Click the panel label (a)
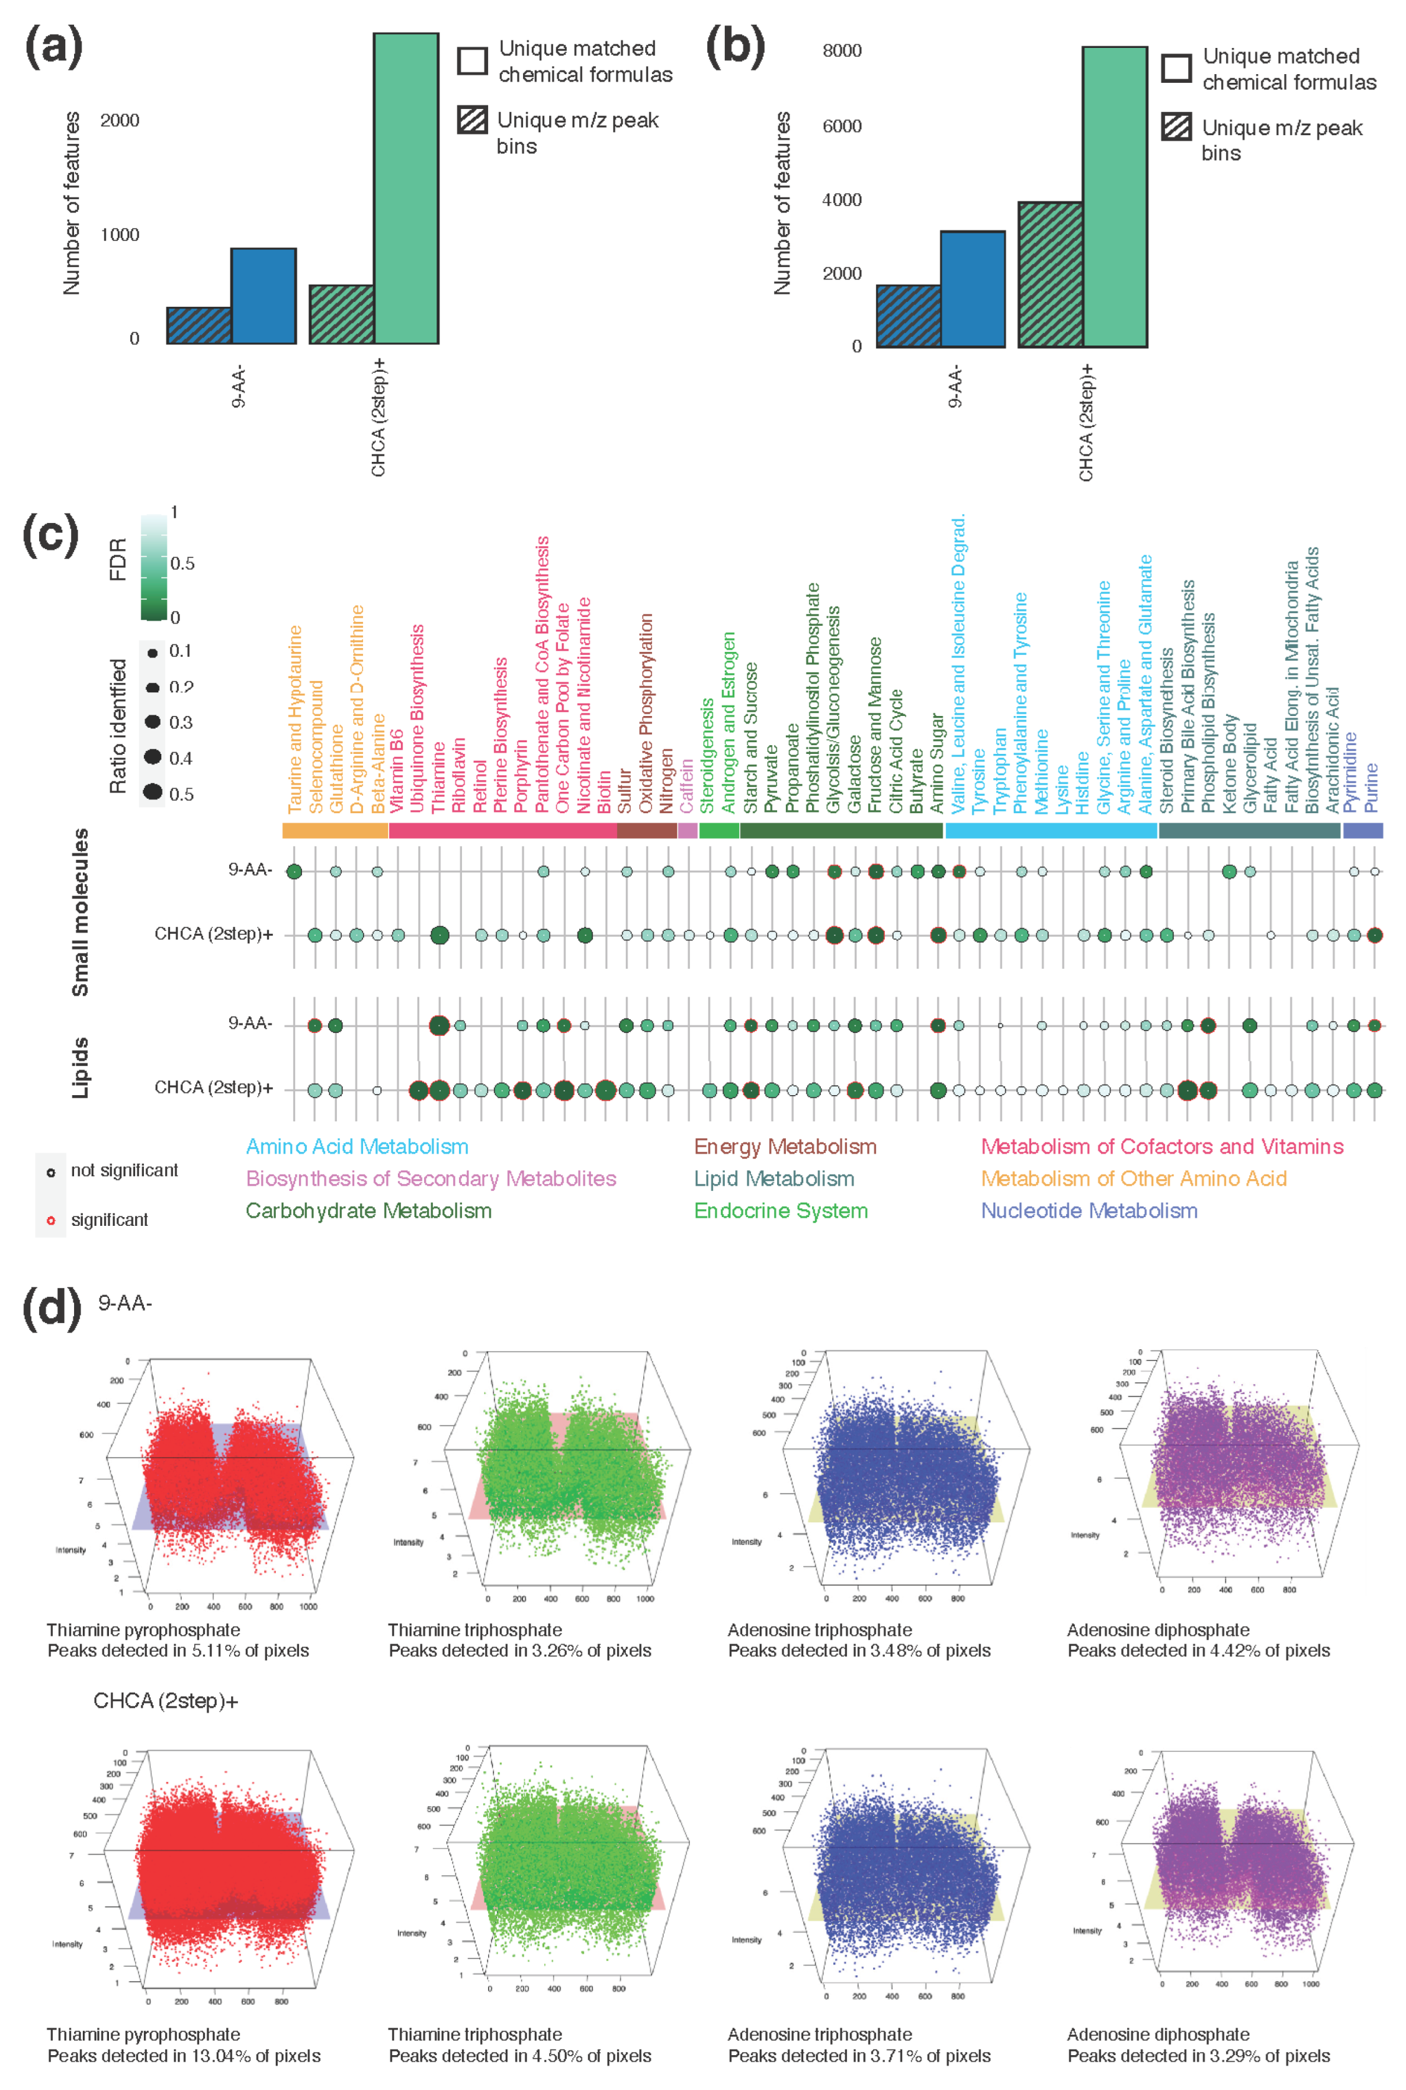point(53,47)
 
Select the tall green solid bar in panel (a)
point(405,188)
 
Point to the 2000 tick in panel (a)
point(120,121)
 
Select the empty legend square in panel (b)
point(1176,68)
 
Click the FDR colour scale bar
point(153,567)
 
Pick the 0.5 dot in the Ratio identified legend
point(153,792)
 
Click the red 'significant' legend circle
point(51,1220)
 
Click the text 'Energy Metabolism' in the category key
point(785,1146)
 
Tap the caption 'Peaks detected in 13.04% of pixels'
point(184,2055)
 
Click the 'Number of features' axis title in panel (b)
point(782,204)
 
